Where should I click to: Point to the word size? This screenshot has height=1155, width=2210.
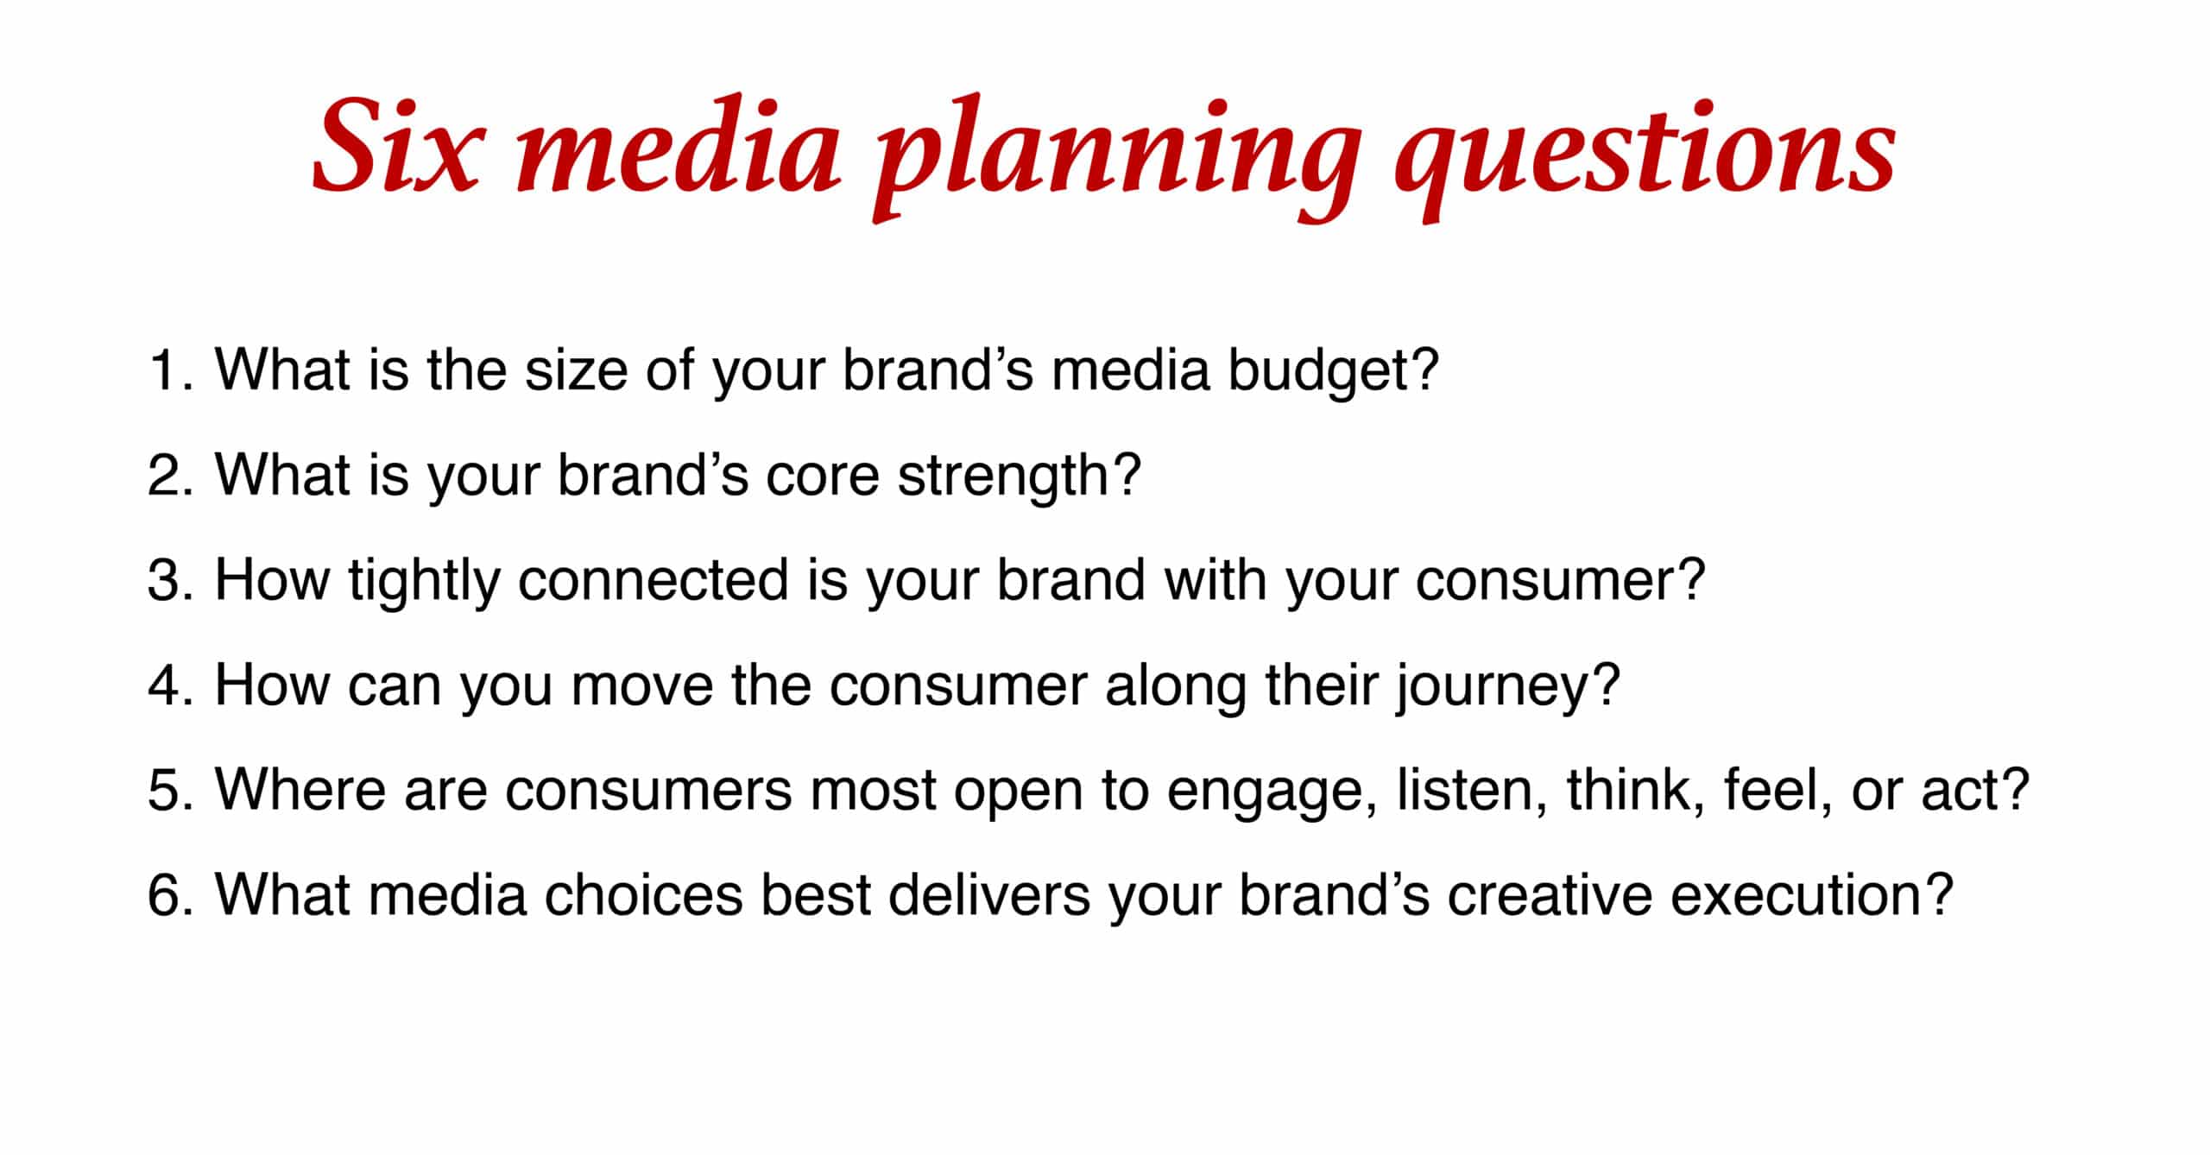click(577, 370)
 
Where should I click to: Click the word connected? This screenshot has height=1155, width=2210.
click(653, 580)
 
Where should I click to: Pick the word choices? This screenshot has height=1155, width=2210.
click(642, 894)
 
